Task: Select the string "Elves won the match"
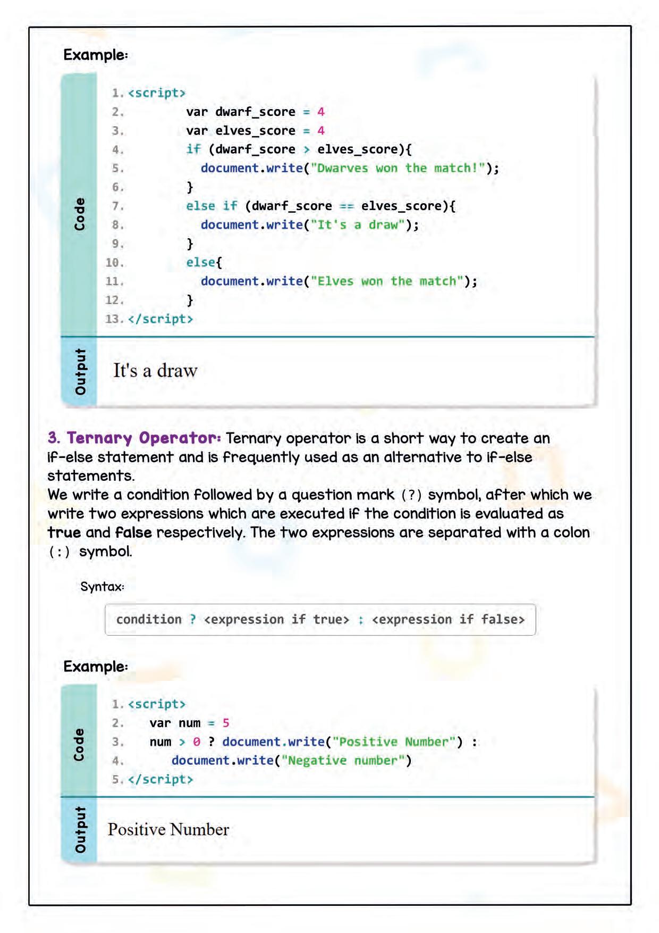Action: [387, 281]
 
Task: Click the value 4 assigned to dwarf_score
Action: [321, 112]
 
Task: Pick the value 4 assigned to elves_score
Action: [321, 131]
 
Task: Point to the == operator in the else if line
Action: [347, 206]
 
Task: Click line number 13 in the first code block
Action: [114, 319]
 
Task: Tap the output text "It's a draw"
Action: [155, 371]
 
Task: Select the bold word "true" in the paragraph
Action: [64, 532]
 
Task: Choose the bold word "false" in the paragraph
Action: [133, 532]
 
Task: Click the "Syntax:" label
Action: [102, 587]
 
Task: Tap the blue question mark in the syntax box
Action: [193, 620]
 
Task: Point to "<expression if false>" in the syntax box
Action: [448, 620]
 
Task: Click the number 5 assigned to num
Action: [226, 723]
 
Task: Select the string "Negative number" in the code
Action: [343, 761]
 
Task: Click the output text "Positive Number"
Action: [168, 830]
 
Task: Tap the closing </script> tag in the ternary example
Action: [160, 780]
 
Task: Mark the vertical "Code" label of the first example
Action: [79, 214]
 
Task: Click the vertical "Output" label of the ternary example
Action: [79, 830]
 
